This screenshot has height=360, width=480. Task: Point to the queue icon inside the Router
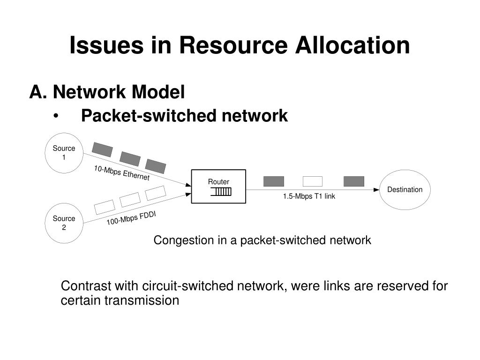221,192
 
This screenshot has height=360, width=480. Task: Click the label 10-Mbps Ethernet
122,173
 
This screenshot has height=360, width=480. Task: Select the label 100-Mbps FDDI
131,218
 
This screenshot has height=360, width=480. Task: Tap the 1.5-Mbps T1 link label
309,196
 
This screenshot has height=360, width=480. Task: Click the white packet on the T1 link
313,181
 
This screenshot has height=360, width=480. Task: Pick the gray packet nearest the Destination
354,181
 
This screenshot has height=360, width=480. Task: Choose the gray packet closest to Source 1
102,150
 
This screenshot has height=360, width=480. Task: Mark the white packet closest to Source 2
105,207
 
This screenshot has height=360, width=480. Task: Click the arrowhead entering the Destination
376,190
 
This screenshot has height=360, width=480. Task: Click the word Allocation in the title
352,45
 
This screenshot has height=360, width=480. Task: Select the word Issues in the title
106,45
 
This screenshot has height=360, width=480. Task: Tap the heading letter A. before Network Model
38,91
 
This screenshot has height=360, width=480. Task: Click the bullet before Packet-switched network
56,116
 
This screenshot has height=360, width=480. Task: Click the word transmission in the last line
142,300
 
